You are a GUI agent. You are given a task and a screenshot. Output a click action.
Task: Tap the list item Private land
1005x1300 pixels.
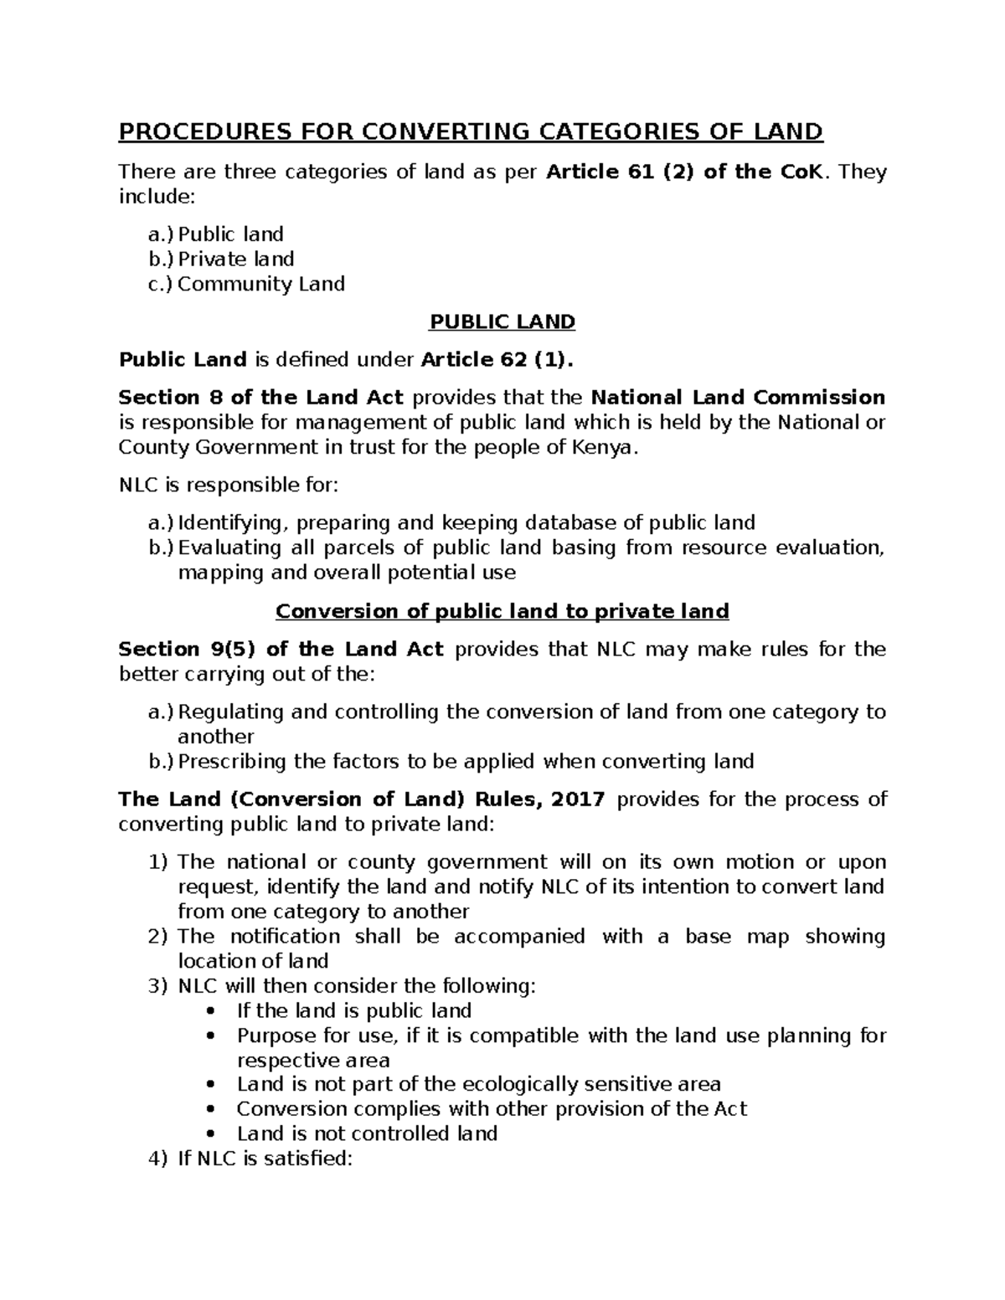click(x=235, y=259)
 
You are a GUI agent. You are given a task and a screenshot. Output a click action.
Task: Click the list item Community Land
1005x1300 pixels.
click(x=260, y=285)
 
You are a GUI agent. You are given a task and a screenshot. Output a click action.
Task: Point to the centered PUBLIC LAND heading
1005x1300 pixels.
click(x=502, y=322)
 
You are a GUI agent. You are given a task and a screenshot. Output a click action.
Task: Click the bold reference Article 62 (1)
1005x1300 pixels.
click(x=497, y=360)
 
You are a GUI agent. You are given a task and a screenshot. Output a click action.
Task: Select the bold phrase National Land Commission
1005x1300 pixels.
click(x=738, y=398)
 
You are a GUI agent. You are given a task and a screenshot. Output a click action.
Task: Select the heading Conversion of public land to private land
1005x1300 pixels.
click(x=502, y=612)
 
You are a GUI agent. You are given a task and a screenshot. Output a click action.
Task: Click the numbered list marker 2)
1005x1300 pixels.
click(x=158, y=937)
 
